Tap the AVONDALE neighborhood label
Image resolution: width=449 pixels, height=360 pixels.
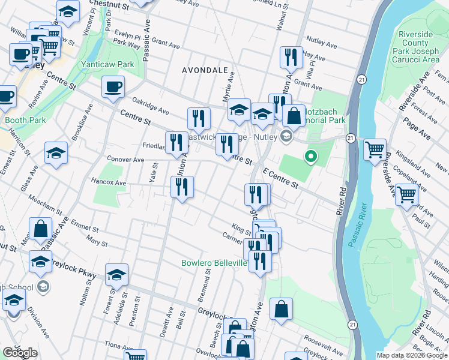pyautogui.click(x=205, y=70)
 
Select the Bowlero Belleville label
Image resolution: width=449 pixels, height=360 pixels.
pyautogui.click(x=214, y=263)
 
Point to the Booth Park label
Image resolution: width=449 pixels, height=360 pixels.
pyautogui.click(x=25, y=120)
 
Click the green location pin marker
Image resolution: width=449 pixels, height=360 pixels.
pyautogui.click(x=310, y=157)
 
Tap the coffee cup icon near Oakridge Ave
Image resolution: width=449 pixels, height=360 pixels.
pyautogui.click(x=113, y=88)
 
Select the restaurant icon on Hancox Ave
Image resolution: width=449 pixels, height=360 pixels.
pyautogui.click(x=182, y=187)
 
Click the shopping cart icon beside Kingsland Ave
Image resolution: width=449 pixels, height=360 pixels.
pyautogui.click(x=375, y=149)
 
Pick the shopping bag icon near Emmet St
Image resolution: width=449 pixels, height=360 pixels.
pyautogui.click(x=41, y=229)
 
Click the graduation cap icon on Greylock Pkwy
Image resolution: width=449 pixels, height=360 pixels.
pyautogui.click(x=116, y=275)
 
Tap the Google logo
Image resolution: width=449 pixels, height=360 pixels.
pyautogui.click(x=20, y=353)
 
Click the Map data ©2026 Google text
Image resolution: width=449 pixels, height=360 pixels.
pyautogui.click(x=411, y=355)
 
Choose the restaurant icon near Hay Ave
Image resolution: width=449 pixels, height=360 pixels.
pyautogui.click(x=291, y=58)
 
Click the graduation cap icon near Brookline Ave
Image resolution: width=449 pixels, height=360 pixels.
pyautogui.click(x=56, y=153)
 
